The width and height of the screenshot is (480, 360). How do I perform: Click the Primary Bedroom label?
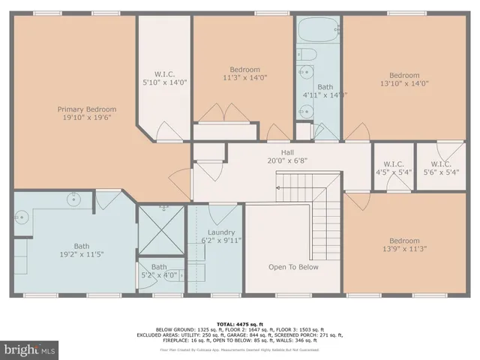coord(87,109)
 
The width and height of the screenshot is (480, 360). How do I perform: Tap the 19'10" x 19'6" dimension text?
coord(87,118)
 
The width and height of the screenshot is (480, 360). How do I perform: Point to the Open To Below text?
coord(293,267)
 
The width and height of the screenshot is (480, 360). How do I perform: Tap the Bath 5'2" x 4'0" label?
coord(159,270)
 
